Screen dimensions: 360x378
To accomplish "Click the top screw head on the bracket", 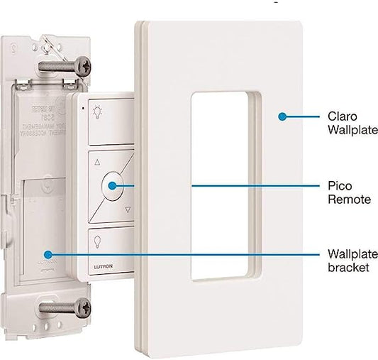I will click(83, 65).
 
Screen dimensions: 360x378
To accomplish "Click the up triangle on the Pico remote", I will click(97, 161).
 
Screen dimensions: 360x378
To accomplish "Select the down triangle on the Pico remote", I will click(128, 209).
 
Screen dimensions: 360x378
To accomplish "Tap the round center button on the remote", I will click(113, 185).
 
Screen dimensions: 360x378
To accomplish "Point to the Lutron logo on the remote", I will click(101, 267).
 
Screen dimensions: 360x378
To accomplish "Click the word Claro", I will click(342, 116).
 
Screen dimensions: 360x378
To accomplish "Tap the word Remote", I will click(348, 200).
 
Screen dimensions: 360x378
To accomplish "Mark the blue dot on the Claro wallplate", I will click(282, 115).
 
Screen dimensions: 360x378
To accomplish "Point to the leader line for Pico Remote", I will click(255, 185).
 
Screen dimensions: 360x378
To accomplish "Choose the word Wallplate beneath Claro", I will click(352, 130).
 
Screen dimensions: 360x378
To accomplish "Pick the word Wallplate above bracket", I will click(352, 254).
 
